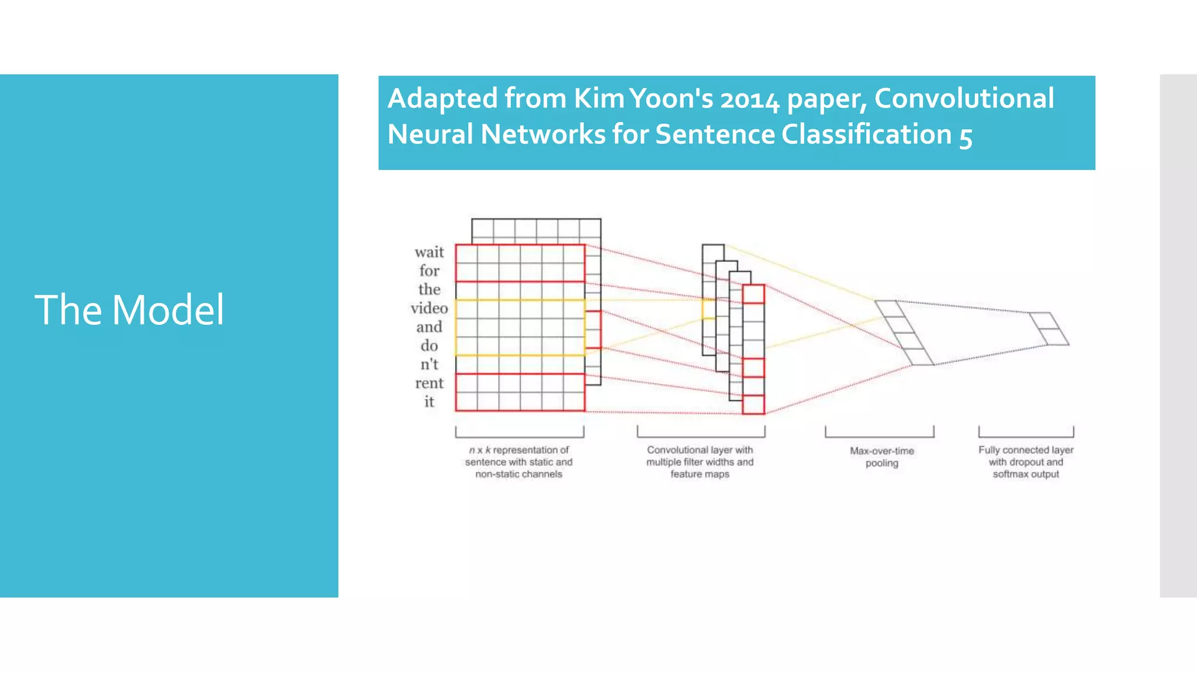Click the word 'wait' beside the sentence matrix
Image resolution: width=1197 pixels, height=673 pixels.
(x=429, y=252)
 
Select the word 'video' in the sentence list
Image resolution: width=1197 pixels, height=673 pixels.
(x=429, y=308)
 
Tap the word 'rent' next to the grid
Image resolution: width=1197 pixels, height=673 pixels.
(x=429, y=383)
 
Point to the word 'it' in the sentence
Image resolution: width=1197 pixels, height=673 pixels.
(x=429, y=402)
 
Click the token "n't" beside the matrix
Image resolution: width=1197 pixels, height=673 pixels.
(x=429, y=365)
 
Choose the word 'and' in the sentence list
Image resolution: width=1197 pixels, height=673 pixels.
(x=429, y=327)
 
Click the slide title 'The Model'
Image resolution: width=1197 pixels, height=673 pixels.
(x=129, y=310)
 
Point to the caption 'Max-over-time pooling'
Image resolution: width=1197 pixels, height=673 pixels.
(x=882, y=457)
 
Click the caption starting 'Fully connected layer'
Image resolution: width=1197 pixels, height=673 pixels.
(x=1026, y=462)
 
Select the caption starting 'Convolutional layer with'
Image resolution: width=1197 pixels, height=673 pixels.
(x=700, y=462)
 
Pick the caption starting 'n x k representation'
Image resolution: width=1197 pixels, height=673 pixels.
(x=519, y=462)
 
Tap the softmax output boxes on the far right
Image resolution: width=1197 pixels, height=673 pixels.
(x=1049, y=329)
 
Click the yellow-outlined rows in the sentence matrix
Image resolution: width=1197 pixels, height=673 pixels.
(x=520, y=327)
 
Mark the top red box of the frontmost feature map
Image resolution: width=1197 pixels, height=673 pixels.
(x=753, y=294)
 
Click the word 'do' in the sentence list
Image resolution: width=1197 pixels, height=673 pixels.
(x=429, y=346)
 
